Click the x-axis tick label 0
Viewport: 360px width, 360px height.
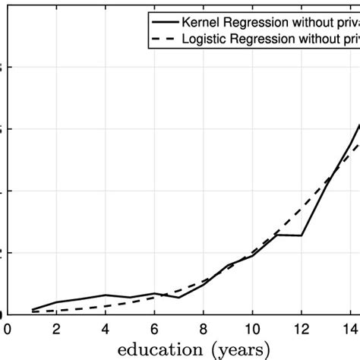tap(8, 329)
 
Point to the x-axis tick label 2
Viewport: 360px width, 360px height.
tap(56, 329)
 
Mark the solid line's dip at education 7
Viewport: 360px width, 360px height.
tap(179, 297)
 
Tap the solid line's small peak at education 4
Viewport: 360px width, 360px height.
tap(106, 295)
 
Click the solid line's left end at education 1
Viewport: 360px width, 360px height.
tap(32, 310)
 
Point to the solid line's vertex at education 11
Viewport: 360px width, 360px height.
tap(277, 235)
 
